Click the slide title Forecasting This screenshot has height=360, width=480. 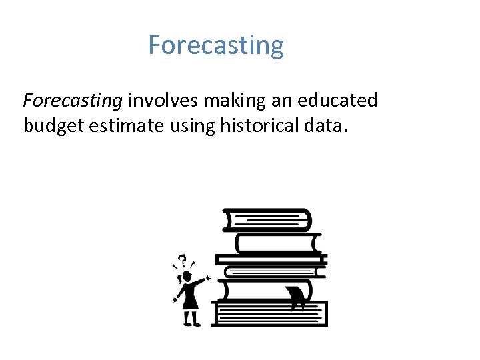[x=215, y=46]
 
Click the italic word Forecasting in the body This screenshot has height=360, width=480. [x=73, y=101]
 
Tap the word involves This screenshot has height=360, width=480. [x=163, y=101]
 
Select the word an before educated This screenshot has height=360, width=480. [x=283, y=101]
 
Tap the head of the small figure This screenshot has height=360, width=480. [x=187, y=275]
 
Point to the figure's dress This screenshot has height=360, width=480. [x=191, y=298]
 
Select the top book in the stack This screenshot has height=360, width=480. [x=267, y=219]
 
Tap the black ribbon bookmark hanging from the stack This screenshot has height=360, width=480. [x=296, y=297]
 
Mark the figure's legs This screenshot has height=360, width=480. [x=191, y=318]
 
